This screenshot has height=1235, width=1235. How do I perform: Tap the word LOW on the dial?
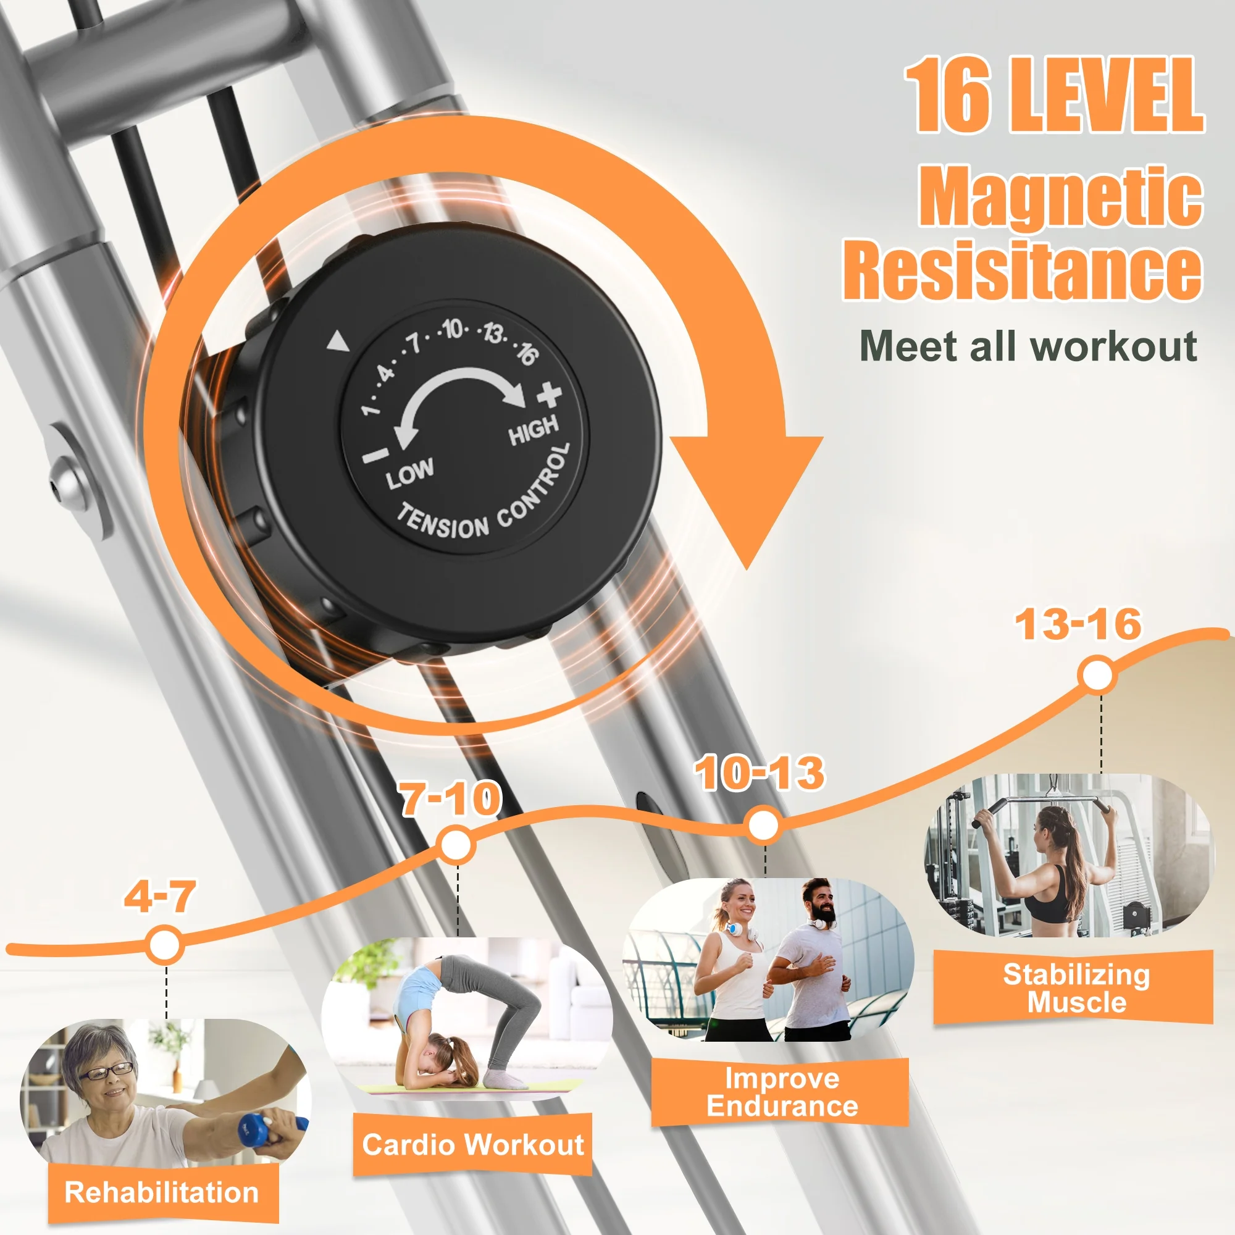[x=410, y=472]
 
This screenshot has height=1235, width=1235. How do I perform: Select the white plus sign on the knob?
[x=548, y=395]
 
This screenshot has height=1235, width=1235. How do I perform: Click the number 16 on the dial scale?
[x=527, y=353]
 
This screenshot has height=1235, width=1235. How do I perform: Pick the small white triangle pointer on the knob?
[x=338, y=342]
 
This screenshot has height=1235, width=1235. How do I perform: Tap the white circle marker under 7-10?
[x=456, y=845]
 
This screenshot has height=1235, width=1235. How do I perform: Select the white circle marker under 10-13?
[x=763, y=825]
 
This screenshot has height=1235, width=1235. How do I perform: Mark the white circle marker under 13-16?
[x=1097, y=676]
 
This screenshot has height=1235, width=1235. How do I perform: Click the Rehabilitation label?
[x=162, y=1192]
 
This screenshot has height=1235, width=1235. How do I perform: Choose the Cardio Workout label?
[x=473, y=1144]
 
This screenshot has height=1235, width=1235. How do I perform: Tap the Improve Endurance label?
[x=782, y=1092]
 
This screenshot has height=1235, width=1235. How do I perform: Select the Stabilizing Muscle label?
[x=1076, y=988]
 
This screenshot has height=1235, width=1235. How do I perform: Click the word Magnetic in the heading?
[x=1061, y=196]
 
